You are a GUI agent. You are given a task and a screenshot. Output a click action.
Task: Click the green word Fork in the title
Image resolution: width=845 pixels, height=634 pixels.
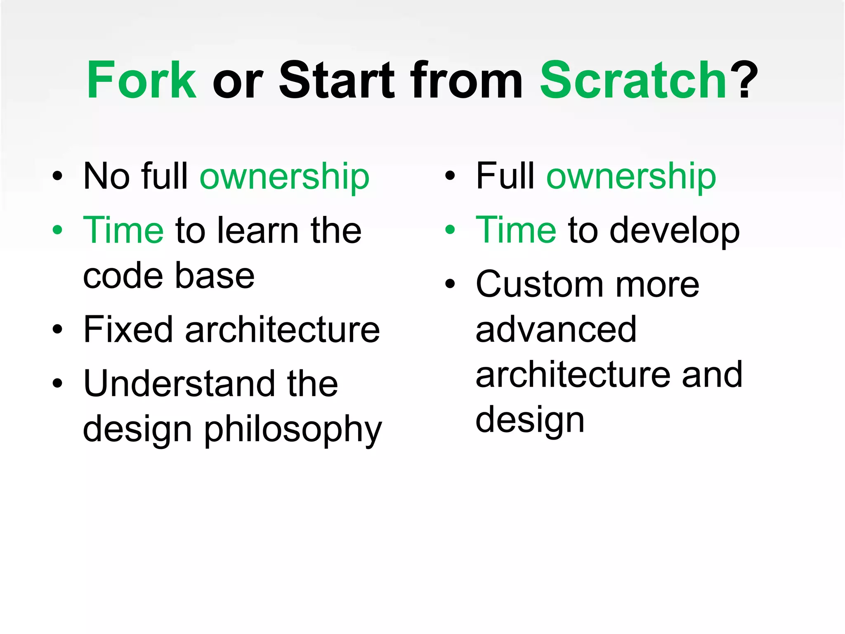pos(142,80)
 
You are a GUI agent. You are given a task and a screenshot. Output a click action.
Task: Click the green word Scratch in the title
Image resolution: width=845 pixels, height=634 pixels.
pos(633,80)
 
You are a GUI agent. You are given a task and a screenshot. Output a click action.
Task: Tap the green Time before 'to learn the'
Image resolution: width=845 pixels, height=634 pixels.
pos(123,230)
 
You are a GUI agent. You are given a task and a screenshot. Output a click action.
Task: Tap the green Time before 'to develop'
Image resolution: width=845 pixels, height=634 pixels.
pos(516,230)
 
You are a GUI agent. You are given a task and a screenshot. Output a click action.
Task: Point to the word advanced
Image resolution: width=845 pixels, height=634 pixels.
pos(556,330)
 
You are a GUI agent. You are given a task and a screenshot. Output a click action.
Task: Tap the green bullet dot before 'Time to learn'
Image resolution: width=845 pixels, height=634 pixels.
pos(58,230)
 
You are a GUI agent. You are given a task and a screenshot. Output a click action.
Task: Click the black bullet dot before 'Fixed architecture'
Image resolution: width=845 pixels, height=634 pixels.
pos(58,329)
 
